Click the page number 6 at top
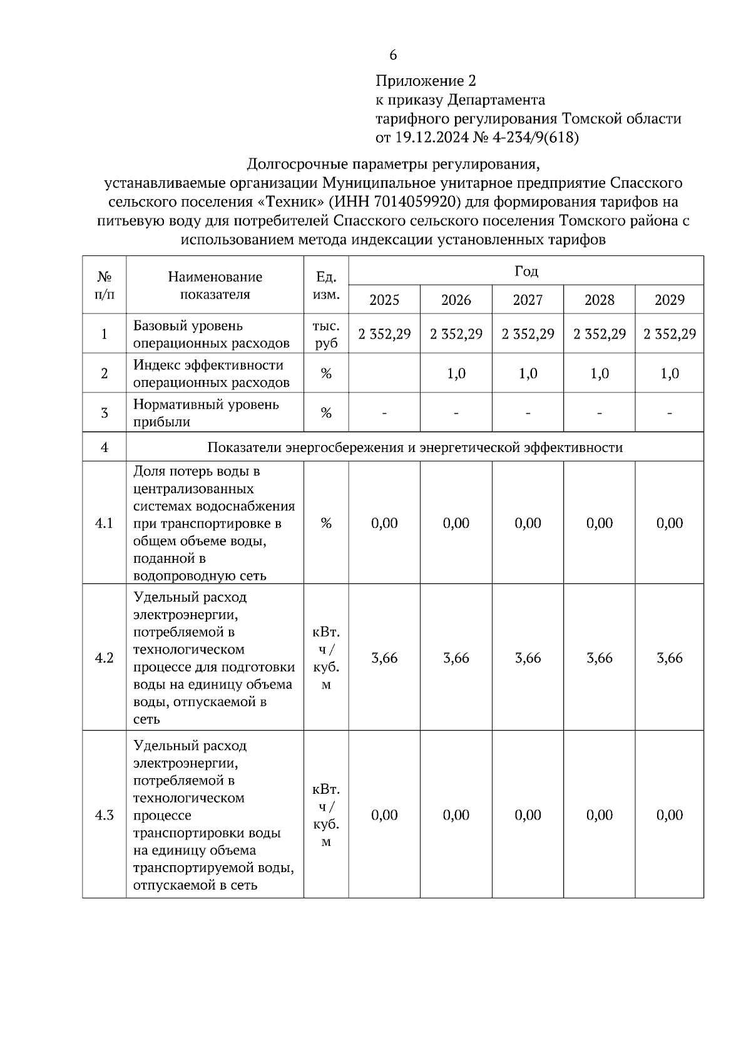click(x=393, y=56)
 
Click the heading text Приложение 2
click(x=426, y=81)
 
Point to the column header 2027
click(x=528, y=300)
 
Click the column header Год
click(x=526, y=271)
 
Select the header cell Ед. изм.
click(x=326, y=285)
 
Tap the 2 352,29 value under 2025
click(x=384, y=334)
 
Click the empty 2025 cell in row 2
click(x=384, y=374)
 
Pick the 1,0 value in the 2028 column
click(x=600, y=374)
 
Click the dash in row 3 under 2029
click(x=670, y=413)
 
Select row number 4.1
click(x=104, y=523)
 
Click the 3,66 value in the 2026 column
click(x=456, y=658)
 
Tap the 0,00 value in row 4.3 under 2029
click(x=670, y=815)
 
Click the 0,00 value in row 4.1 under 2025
click(x=384, y=523)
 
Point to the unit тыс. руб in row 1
click(x=326, y=334)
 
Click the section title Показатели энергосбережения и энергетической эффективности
click(x=415, y=448)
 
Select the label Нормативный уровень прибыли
click(x=206, y=413)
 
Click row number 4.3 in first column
click(x=104, y=815)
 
